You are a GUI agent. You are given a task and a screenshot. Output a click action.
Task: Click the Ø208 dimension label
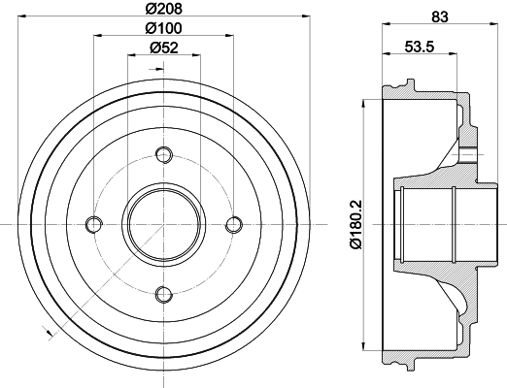click(x=164, y=9)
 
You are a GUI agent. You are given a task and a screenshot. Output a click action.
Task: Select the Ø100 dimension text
click(x=164, y=28)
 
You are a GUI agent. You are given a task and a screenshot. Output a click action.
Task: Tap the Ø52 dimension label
click(x=164, y=48)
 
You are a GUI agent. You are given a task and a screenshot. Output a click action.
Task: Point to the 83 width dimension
click(x=440, y=16)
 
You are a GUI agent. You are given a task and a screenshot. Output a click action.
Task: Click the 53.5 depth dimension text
click(x=420, y=47)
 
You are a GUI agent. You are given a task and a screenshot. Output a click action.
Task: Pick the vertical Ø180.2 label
click(x=356, y=225)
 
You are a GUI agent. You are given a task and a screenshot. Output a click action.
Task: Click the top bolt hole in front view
click(x=164, y=154)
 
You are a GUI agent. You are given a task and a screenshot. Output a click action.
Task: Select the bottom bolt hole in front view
click(x=164, y=294)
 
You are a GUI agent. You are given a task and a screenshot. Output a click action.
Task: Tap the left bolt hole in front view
click(x=94, y=224)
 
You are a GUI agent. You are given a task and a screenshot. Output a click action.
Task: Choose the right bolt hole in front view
click(x=234, y=224)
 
